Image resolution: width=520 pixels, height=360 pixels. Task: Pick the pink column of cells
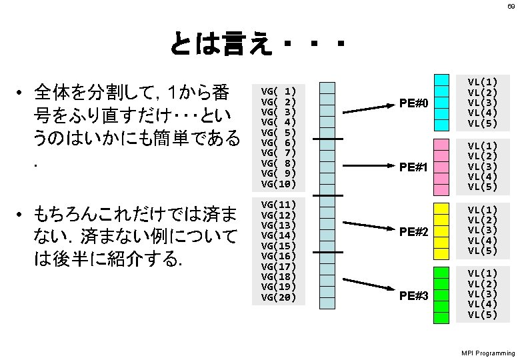pyautogui.click(x=442, y=166)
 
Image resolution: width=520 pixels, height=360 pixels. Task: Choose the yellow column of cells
pyautogui.click(x=442, y=230)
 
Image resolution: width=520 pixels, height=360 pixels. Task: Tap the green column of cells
pyautogui.click(x=442, y=295)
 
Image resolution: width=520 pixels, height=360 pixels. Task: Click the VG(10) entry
pyautogui.click(x=279, y=183)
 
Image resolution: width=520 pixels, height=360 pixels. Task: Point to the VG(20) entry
pyautogui.click(x=279, y=297)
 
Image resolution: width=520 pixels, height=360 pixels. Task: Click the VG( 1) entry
pyautogui.click(x=279, y=89)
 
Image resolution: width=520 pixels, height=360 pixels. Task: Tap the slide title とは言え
pyautogui.click(x=220, y=45)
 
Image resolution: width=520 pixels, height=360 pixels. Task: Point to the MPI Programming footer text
pyautogui.click(x=488, y=352)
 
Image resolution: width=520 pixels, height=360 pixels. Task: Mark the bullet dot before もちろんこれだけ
pyautogui.click(x=21, y=215)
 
